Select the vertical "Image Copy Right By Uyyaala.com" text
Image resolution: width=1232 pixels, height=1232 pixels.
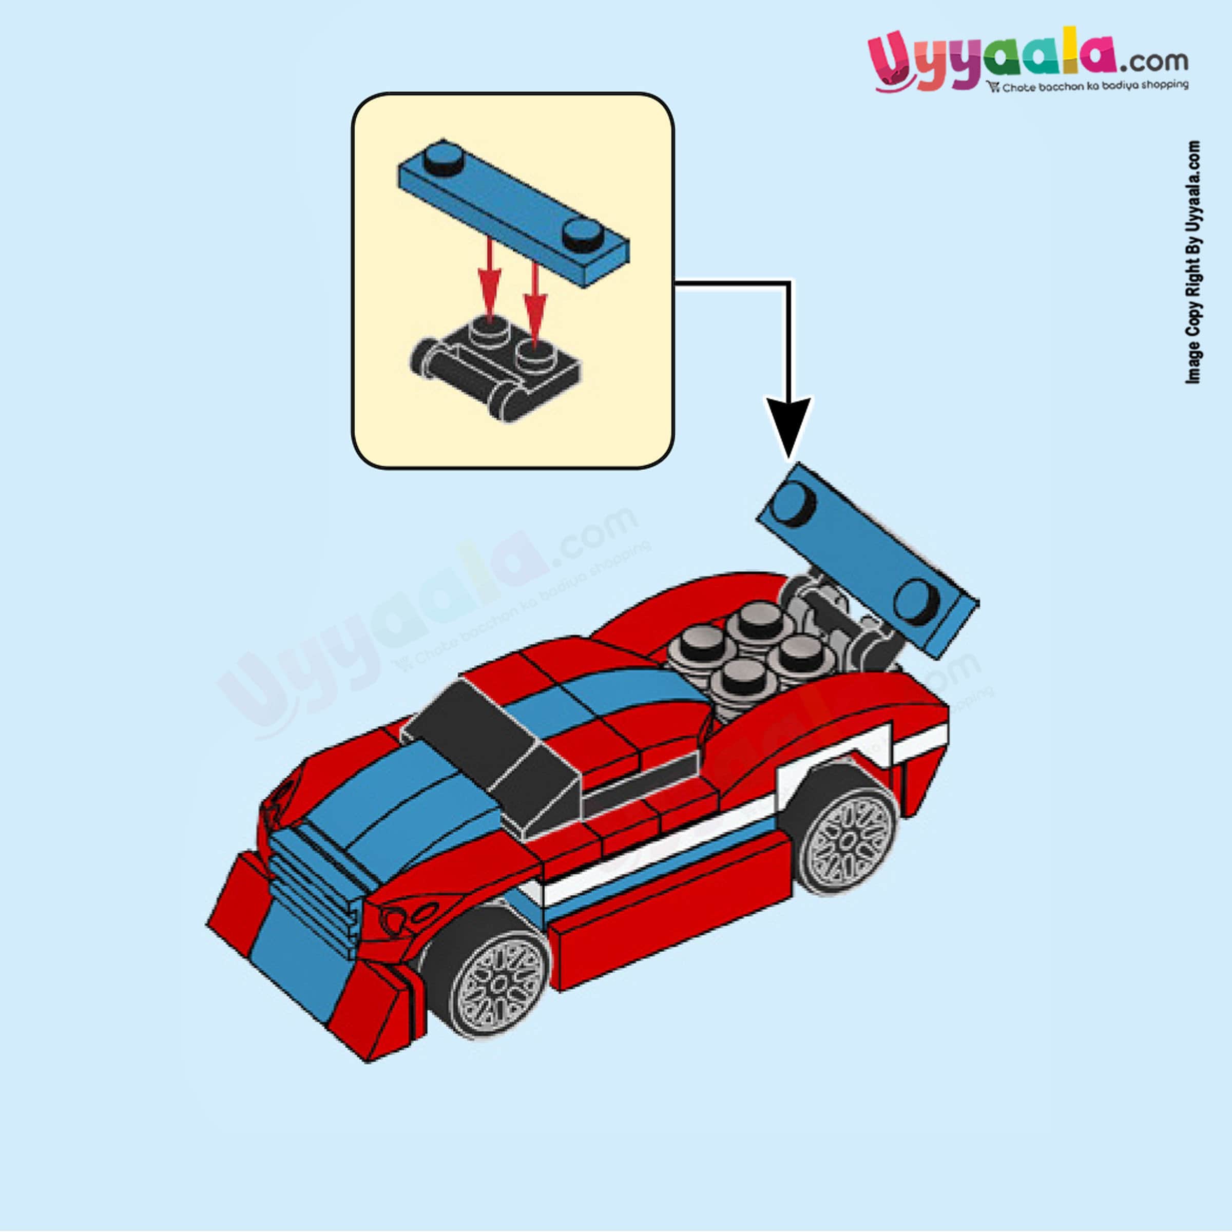pos(1192,261)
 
